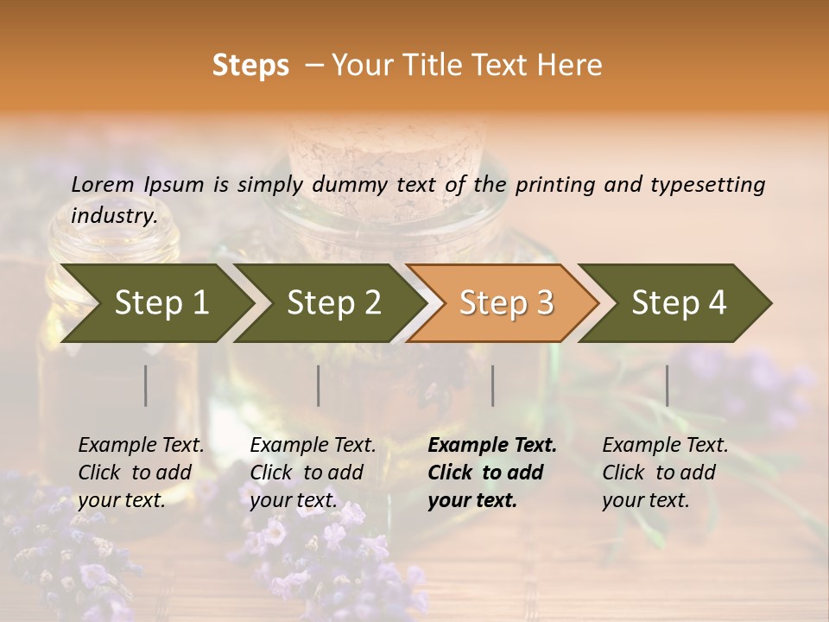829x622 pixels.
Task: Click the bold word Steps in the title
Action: click(x=250, y=66)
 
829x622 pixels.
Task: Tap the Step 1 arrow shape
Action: click(x=161, y=302)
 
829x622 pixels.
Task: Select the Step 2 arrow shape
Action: click(x=333, y=302)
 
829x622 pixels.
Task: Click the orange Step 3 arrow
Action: click(x=506, y=302)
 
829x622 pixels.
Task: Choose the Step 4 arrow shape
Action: click(x=679, y=302)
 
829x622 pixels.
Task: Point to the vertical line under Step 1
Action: click(x=146, y=385)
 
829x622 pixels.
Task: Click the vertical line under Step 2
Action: click(x=319, y=385)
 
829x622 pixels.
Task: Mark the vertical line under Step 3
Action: click(x=493, y=385)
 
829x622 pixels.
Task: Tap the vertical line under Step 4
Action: click(x=667, y=385)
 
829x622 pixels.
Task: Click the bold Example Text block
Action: click(x=492, y=473)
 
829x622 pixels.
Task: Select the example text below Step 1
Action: click(x=141, y=473)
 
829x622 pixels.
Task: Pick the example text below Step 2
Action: click(x=313, y=473)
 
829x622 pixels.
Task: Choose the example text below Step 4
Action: click(x=665, y=473)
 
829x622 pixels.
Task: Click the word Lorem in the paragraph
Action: click(x=103, y=184)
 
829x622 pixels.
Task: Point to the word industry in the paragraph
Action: click(x=113, y=215)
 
